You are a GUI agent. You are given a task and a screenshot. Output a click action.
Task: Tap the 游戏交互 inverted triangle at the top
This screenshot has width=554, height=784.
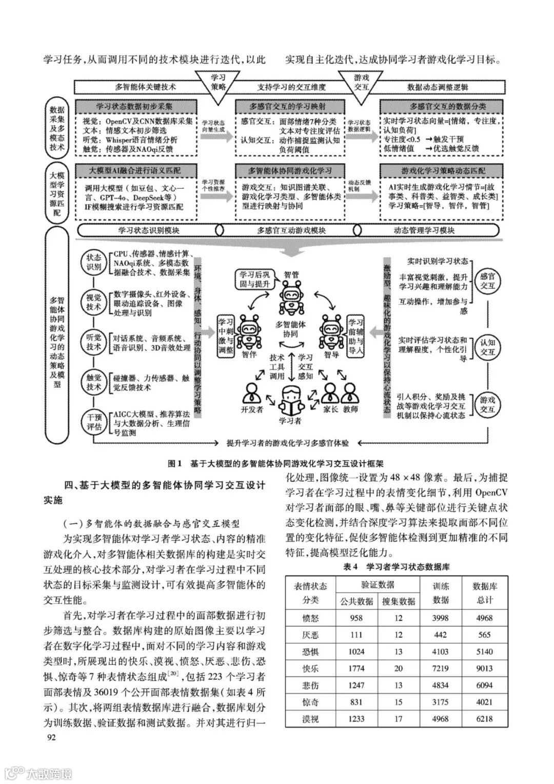click(x=362, y=83)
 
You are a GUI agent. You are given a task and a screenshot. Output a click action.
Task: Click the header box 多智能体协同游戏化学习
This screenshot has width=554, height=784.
click(x=290, y=170)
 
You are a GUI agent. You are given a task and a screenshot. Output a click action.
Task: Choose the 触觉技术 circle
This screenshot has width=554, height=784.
click(x=94, y=382)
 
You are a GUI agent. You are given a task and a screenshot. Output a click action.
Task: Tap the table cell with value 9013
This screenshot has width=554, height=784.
click(x=484, y=668)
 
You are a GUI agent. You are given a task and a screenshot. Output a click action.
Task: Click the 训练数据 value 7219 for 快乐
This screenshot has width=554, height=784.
click(x=441, y=668)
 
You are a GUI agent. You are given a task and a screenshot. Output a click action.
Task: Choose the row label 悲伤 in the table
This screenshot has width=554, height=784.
click(x=310, y=685)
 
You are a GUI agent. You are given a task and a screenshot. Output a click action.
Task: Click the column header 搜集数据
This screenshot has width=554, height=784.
click(x=399, y=601)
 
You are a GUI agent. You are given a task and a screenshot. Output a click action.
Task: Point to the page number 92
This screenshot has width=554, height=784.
click(x=51, y=737)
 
